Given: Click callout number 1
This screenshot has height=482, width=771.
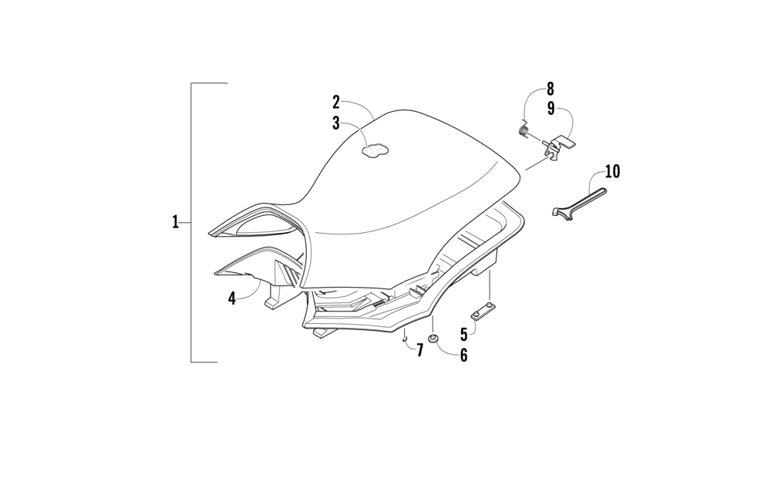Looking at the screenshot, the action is point(176,222).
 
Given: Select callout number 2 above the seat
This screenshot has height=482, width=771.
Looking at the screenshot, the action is point(336,102).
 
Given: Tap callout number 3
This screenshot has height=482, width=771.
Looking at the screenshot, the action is point(336,123).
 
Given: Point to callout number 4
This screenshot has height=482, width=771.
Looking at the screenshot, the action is point(232,298).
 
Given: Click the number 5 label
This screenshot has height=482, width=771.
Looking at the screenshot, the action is point(463,334).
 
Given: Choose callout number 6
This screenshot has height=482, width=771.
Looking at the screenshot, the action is point(463,356).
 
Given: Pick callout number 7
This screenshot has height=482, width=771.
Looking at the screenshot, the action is point(420,350).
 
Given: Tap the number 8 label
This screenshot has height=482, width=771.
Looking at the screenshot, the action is point(550,89).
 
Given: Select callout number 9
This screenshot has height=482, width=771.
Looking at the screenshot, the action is point(550,109).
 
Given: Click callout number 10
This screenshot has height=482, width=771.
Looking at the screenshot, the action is point(612,170).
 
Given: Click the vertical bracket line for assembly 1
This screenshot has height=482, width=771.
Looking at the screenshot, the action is point(191,222).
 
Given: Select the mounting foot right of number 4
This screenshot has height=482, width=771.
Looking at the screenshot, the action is point(274,298).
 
